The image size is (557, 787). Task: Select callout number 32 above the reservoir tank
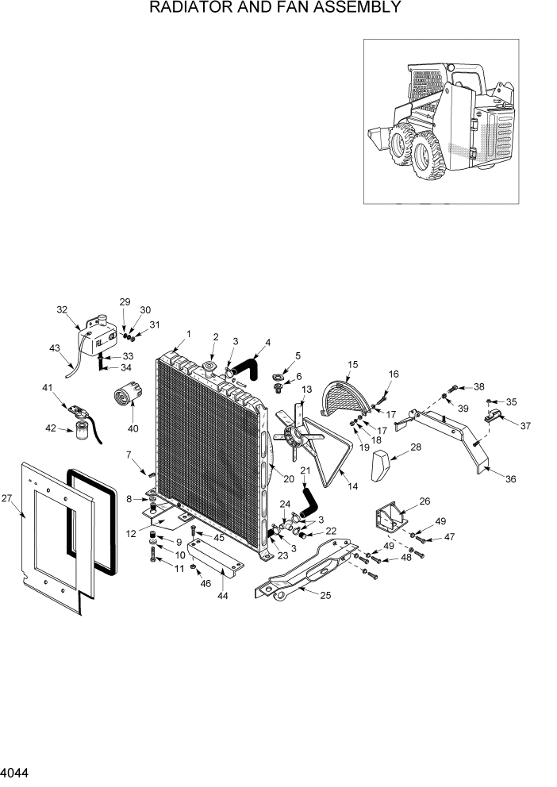tap(62, 310)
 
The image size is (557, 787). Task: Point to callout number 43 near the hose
tap(54, 348)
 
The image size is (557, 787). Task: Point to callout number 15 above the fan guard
tap(353, 364)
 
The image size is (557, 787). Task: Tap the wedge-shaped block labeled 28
tap(384, 463)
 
